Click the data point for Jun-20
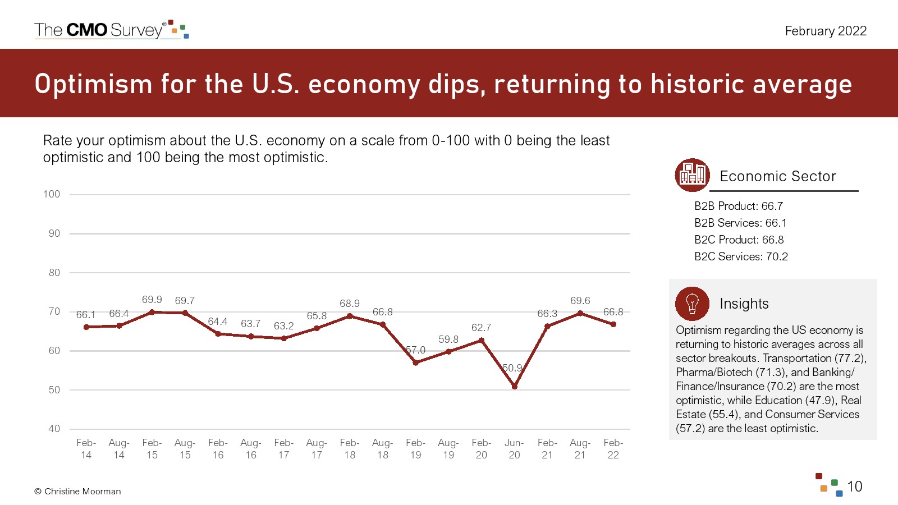514,386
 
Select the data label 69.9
152,300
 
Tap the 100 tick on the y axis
52,194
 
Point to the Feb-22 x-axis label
613,449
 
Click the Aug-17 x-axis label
317,449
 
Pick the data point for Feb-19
415,362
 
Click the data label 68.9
350,304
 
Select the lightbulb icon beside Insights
692,304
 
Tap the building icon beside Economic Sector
692,175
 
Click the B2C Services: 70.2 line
741,256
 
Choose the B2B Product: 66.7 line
738,206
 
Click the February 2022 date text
826,31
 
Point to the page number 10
854,486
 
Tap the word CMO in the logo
87,30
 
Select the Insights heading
744,304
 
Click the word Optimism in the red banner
93,84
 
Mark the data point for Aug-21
580,313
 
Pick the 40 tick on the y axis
54,429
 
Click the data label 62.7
481,327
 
